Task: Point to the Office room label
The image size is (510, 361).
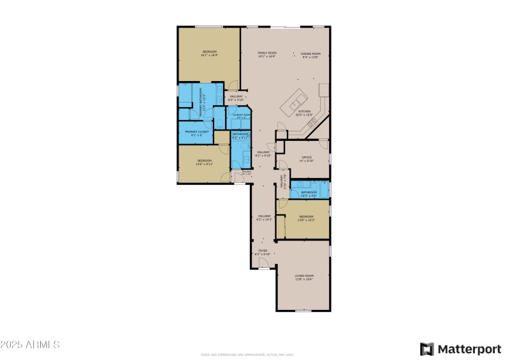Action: click(x=306, y=158)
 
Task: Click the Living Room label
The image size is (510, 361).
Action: click(x=303, y=277)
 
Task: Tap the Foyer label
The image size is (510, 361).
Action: click(x=263, y=253)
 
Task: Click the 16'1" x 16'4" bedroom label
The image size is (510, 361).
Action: click(x=209, y=53)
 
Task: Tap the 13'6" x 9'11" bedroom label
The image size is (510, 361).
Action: click(x=204, y=162)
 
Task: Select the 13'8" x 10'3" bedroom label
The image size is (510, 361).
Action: click(x=307, y=218)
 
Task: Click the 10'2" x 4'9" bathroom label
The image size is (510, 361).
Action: click(x=309, y=194)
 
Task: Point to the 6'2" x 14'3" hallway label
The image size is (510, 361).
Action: click(x=265, y=217)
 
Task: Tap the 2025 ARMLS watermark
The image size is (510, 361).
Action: click(x=30, y=344)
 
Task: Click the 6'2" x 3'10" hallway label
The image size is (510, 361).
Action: click(x=236, y=98)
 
